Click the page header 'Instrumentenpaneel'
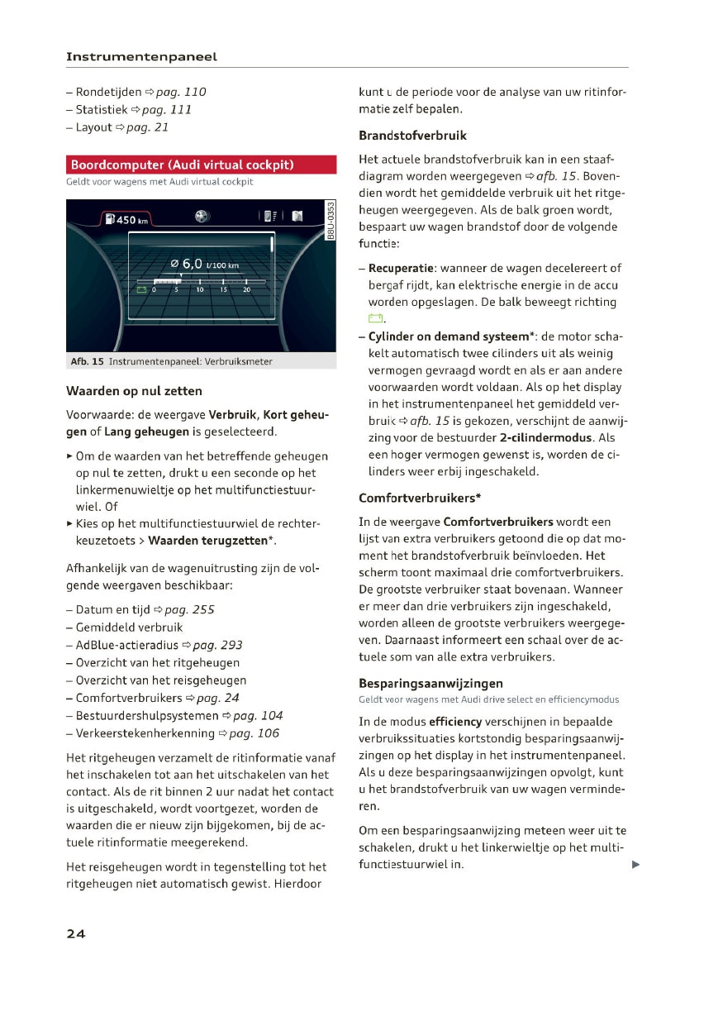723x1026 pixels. tap(141, 57)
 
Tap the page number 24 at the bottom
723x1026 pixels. tap(75, 933)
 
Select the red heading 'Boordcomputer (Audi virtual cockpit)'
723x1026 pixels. tap(183, 165)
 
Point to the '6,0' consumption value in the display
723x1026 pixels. tap(192, 264)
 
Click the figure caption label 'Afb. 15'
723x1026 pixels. tap(87, 361)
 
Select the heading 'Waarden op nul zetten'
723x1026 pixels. tap(134, 391)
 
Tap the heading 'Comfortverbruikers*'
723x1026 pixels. tap(420, 499)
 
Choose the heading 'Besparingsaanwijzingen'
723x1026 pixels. tap(430, 684)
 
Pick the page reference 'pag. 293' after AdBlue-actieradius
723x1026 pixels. tap(217, 645)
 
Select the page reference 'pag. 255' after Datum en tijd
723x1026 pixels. tap(189, 610)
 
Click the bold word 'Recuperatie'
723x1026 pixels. tap(402, 268)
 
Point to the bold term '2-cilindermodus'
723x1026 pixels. tap(552, 438)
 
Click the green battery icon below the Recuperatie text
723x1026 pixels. tap(376, 320)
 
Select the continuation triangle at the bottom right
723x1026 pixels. tap(635, 865)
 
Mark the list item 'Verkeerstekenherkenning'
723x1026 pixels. tap(145, 733)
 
